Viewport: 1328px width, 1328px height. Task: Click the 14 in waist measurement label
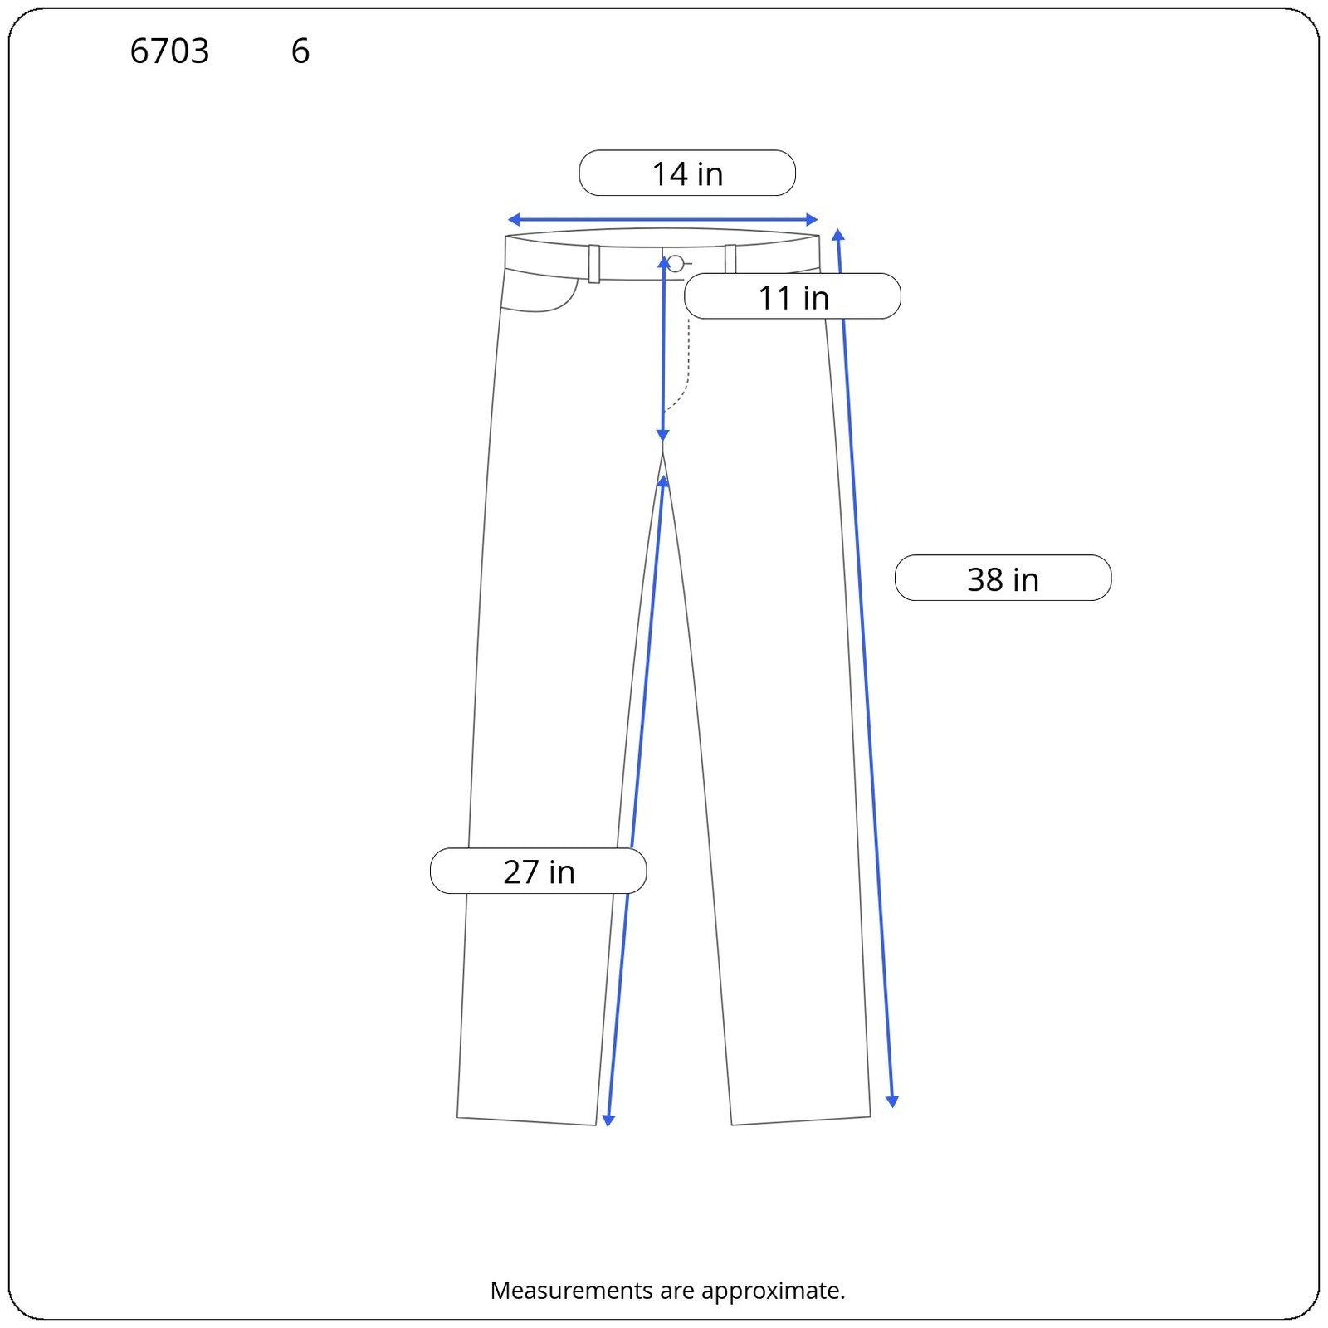point(687,173)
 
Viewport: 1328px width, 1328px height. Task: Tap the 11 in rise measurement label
point(793,296)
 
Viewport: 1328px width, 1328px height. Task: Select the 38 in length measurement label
point(1003,578)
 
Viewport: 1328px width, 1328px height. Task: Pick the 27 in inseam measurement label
point(538,871)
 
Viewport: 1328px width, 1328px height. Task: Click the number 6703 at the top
point(169,51)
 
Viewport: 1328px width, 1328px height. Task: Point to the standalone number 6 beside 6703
point(300,51)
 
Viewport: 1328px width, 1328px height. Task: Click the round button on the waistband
point(676,264)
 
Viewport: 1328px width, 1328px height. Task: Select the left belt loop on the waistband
point(594,264)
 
